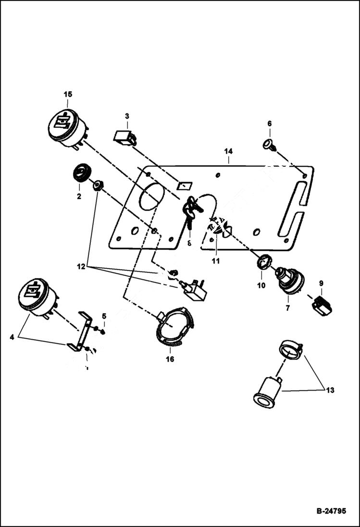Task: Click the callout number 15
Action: pos(67,94)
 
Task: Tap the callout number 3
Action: pos(127,116)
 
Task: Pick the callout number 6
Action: pos(270,124)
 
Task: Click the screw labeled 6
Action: pos(269,144)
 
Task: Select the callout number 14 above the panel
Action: pos(228,151)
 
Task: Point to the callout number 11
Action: pos(216,261)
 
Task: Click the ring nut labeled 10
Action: pos(262,263)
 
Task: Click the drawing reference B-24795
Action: pos(331,511)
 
